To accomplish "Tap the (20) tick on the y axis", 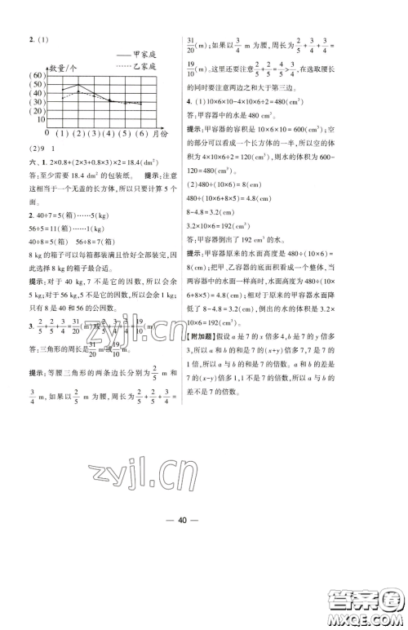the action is coord(37,109).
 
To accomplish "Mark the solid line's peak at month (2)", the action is coord(77,84).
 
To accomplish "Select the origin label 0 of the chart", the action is coord(47,133).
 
